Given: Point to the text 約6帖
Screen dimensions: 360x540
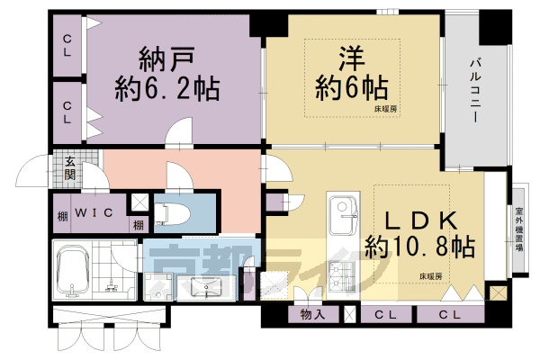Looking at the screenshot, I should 351,88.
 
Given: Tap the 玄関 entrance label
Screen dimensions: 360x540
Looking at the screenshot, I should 69,168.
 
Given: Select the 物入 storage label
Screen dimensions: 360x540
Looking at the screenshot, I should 312,314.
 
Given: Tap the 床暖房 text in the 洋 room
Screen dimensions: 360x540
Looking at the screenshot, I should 385,110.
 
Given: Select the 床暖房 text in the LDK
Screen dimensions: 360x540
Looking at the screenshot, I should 430,275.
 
